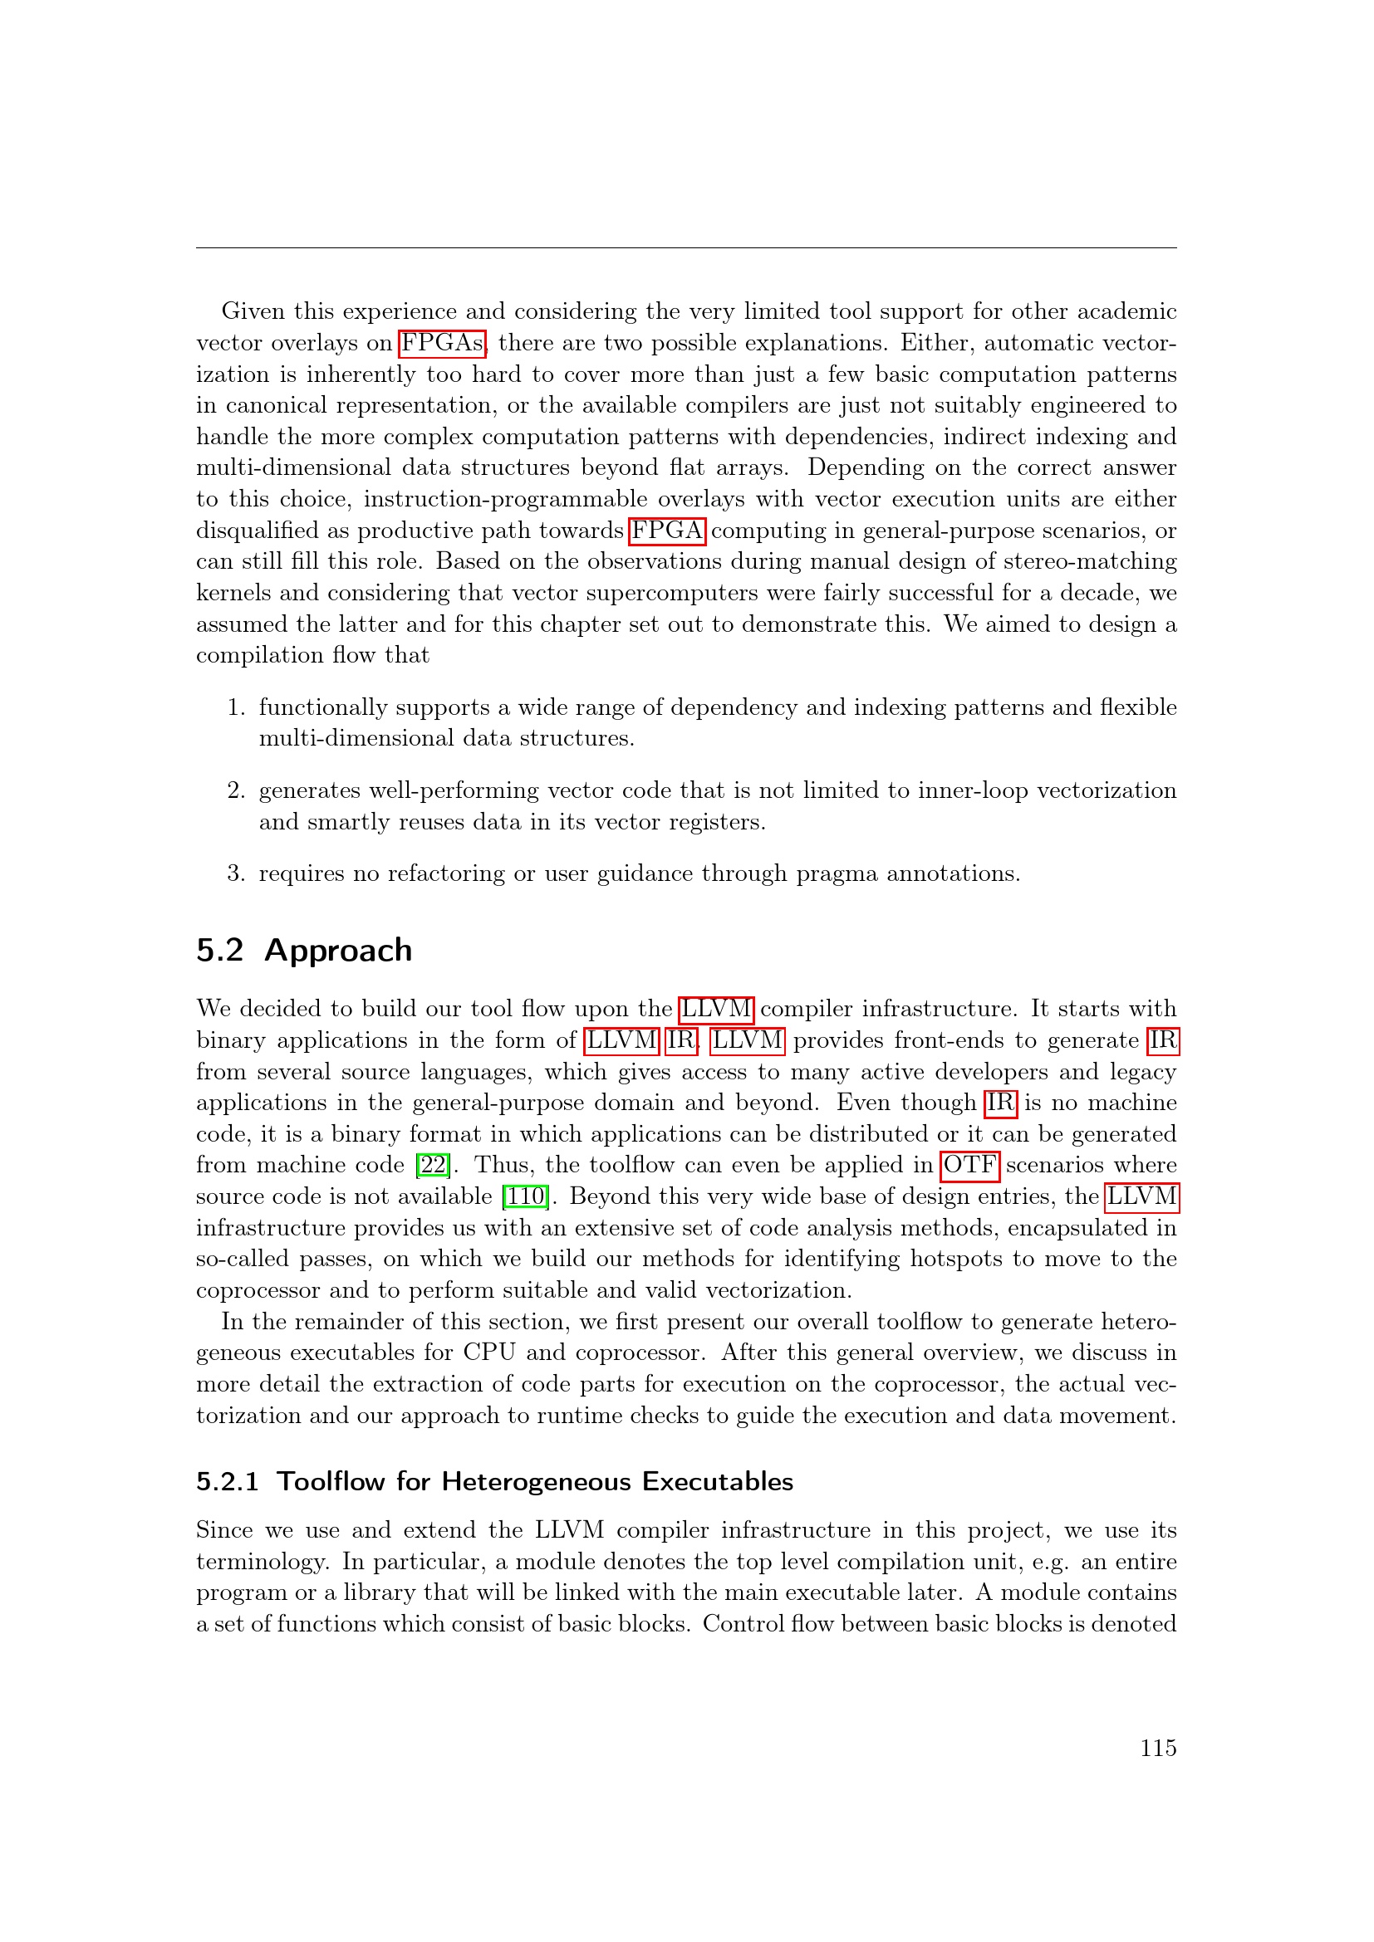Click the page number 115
click(1157, 1748)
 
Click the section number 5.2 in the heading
click(220, 951)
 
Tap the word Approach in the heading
click(337, 951)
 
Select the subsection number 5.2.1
click(227, 1482)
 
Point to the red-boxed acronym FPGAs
click(442, 344)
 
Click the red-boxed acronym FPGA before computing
click(667, 531)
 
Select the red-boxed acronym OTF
click(969, 1166)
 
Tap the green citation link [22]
click(433, 1166)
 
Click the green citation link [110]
click(525, 1197)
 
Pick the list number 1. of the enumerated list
click(236, 707)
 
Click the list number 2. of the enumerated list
click(236, 791)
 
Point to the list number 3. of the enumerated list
click(236, 873)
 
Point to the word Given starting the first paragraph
click(253, 311)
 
